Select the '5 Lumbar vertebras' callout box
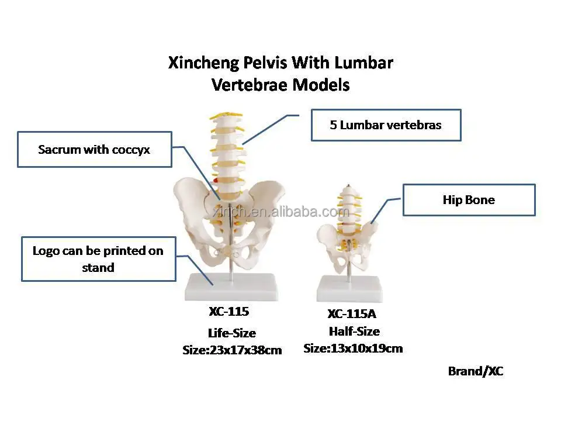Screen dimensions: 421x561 pos(386,125)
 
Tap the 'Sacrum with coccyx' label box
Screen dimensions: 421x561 pos(94,150)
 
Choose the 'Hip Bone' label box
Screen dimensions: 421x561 pos(469,200)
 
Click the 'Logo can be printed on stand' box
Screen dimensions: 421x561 pos(98,259)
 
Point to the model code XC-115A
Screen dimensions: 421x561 pos(352,314)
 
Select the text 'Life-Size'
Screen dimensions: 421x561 pos(232,333)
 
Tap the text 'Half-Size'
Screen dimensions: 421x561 pos(354,332)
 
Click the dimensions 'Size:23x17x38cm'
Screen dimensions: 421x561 pos(232,350)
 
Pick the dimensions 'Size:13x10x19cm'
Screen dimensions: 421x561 pos(353,348)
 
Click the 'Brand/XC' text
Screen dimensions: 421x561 pos(476,371)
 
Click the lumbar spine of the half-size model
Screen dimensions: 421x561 pos(347,205)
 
